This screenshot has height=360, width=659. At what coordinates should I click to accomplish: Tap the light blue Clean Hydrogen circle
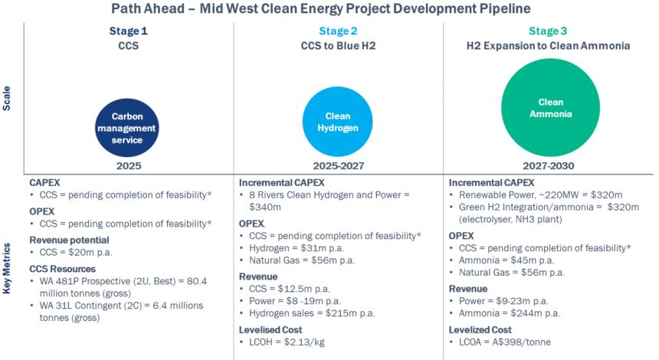[338, 121]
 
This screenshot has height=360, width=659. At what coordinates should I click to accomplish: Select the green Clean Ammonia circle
[550, 107]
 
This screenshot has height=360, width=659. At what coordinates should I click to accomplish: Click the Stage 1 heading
[126, 31]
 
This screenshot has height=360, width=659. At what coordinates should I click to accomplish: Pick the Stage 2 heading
[338, 31]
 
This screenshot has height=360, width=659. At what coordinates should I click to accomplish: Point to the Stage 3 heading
[548, 31]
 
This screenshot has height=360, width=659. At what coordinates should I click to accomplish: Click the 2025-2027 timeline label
[338, 165]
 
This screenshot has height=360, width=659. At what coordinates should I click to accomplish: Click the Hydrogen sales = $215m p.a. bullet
[311, 313]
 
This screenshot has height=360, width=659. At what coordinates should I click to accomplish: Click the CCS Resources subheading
[62, 269]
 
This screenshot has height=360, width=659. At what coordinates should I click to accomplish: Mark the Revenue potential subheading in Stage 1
[67, 239]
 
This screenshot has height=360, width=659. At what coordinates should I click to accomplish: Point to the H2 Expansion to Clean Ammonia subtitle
[548, 46]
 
